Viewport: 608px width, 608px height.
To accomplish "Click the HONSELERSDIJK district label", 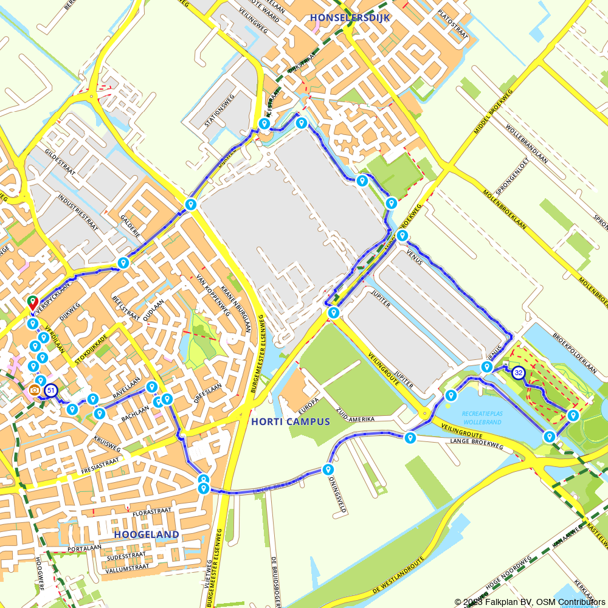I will (349, 18).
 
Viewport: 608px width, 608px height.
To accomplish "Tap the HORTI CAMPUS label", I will (289, 421).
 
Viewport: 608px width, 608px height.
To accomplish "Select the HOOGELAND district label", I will (147, 534).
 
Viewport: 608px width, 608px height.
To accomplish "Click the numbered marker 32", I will (518, 373).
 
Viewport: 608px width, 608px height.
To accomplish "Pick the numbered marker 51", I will (51, 391).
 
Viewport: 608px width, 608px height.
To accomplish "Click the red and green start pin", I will (32, 302).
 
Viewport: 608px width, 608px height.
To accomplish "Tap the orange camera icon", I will (35, 389).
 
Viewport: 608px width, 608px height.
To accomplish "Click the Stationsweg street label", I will (219, 109).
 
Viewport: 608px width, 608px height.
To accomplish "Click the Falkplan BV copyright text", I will (504, 601).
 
